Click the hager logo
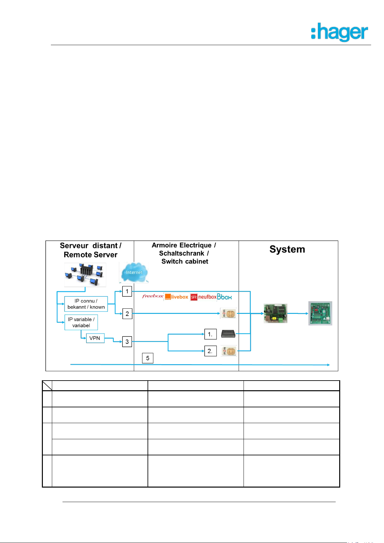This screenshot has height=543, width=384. [x=340, y=32]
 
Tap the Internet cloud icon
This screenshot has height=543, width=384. [x=134, y=273]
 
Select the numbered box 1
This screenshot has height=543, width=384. [x=127, y=291]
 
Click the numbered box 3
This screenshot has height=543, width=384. [x=127, y=342]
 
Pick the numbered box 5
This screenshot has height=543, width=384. [x=148, y=358]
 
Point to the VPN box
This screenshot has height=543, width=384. [x=95, y=338]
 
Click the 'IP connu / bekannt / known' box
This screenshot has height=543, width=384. [x=86, y=304]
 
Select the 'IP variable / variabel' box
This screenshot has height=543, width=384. [x=81, y=322]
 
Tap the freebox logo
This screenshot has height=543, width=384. [x=153, y=296]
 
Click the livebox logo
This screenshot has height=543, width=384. [x=176, y=297]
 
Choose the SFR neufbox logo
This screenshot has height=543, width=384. [x=203, y=297]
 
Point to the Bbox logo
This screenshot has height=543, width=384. [x=224, y=297]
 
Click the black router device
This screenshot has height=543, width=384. [x=228, y=334]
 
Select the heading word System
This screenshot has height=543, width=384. [x=287, y=249]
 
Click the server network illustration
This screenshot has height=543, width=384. [x=85, y=275]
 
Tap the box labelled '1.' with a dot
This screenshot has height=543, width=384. [x=210, y=334]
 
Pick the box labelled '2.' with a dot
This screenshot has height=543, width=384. [x=210, y=351]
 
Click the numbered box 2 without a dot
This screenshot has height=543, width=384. [x=127, y=314]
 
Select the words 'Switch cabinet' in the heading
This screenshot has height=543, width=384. [x=185, y=261]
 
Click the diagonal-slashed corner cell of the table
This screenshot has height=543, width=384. [x=47, y=386]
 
